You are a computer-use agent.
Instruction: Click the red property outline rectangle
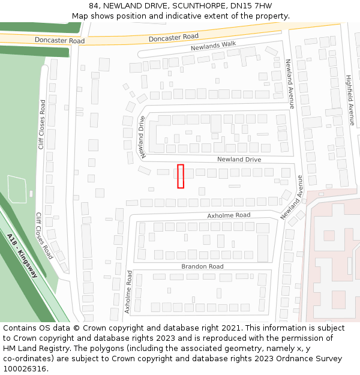click(180, 176)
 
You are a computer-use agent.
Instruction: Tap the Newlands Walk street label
click(214, 46)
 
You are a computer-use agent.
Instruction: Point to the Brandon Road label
click(202, 266)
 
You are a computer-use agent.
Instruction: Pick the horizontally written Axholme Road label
click(229, 215)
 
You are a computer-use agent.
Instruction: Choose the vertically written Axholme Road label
click(128, 292)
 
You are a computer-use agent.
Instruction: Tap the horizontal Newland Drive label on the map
click(239, 160)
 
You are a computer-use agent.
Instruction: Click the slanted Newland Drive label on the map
click(143, 137)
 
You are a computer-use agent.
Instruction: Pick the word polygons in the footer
click(108, 348)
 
